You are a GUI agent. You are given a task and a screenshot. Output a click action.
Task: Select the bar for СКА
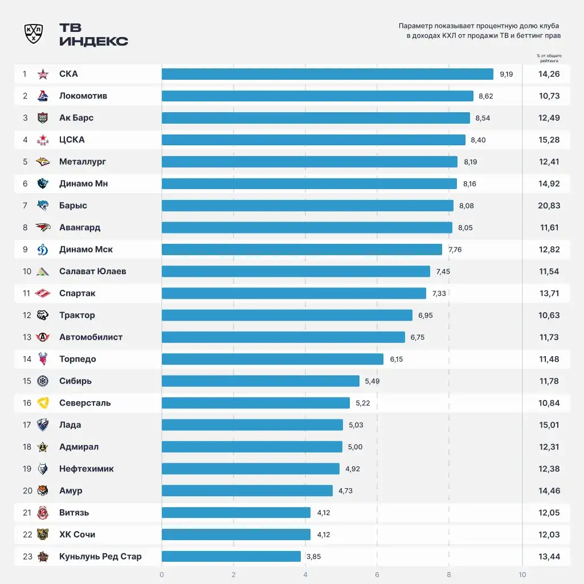click(327, 74)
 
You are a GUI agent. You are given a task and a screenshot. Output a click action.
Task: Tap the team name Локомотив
click(83, 96)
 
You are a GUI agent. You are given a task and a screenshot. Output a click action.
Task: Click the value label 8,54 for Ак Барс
click(483, 118)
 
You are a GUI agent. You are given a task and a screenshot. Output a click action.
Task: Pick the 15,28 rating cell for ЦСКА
click(549, 140)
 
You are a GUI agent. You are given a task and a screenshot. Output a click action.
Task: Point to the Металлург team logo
click(43, 162)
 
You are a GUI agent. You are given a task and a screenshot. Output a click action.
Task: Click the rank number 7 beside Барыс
click(25, 206)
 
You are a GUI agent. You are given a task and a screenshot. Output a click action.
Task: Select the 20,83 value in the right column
click(549, 206)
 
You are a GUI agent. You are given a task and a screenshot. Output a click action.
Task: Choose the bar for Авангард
click(307, 227)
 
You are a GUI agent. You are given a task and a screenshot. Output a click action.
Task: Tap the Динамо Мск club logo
click(43, 250)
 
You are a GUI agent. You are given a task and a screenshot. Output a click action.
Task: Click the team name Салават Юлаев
click(92, 271)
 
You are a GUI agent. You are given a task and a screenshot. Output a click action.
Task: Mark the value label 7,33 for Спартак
click(439, 293)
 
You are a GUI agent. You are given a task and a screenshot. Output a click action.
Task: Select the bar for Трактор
click(287, 315)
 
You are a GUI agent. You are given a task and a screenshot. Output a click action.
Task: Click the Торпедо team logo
click(43, 359)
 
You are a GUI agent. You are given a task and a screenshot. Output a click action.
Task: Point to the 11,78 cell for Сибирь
click(549, 381)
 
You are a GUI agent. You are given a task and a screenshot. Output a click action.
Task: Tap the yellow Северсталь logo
click(43, 403)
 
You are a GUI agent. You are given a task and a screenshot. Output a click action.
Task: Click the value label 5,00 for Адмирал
click(355, 447)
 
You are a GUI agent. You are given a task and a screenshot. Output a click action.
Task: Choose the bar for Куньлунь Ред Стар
click(231, 557)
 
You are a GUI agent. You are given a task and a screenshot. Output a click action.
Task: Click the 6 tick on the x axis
click(377, 574)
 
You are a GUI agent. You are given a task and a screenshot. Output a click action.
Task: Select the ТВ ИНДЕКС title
click(93, 35)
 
